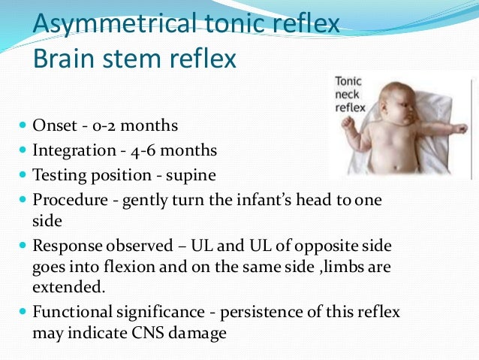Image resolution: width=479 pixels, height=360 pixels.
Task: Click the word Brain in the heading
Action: [x=62, y=58]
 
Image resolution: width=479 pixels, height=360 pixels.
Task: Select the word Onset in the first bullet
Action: [x=54, y=126]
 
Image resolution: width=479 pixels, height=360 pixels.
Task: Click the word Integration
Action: [x=74, y=151]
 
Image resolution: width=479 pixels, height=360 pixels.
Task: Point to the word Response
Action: [x=65, y=247]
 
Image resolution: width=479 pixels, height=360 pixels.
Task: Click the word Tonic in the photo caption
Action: [x=349, y=82]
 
